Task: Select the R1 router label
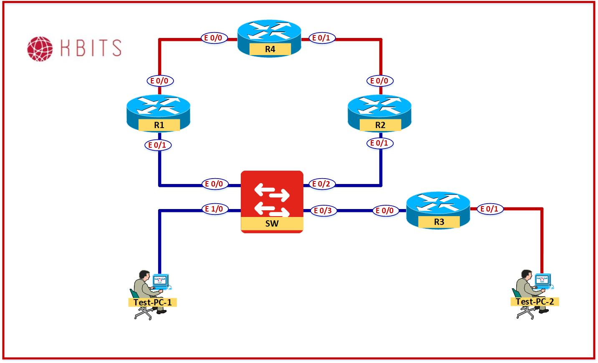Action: coord(159,125)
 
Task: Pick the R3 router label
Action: coord(439,222)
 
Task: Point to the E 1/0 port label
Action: coord(214,209)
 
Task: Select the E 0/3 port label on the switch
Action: coord(322,211)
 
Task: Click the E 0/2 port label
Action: coord(321,184)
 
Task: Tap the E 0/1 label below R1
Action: coord(157,145)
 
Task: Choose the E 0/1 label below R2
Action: coord(379,143)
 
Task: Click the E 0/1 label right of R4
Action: coord(321,38)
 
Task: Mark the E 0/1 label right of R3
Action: coord(489,209)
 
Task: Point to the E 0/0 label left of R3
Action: coord(384,211)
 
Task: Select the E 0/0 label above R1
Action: coord(159,81)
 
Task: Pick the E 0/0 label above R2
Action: coord(379,81)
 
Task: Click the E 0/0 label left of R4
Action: coord(213,38)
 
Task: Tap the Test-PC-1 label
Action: coord(152,302)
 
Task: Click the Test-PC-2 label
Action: coord(535,301)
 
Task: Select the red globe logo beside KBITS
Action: coord(40,48)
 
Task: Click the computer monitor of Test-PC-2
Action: coord(543,279)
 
